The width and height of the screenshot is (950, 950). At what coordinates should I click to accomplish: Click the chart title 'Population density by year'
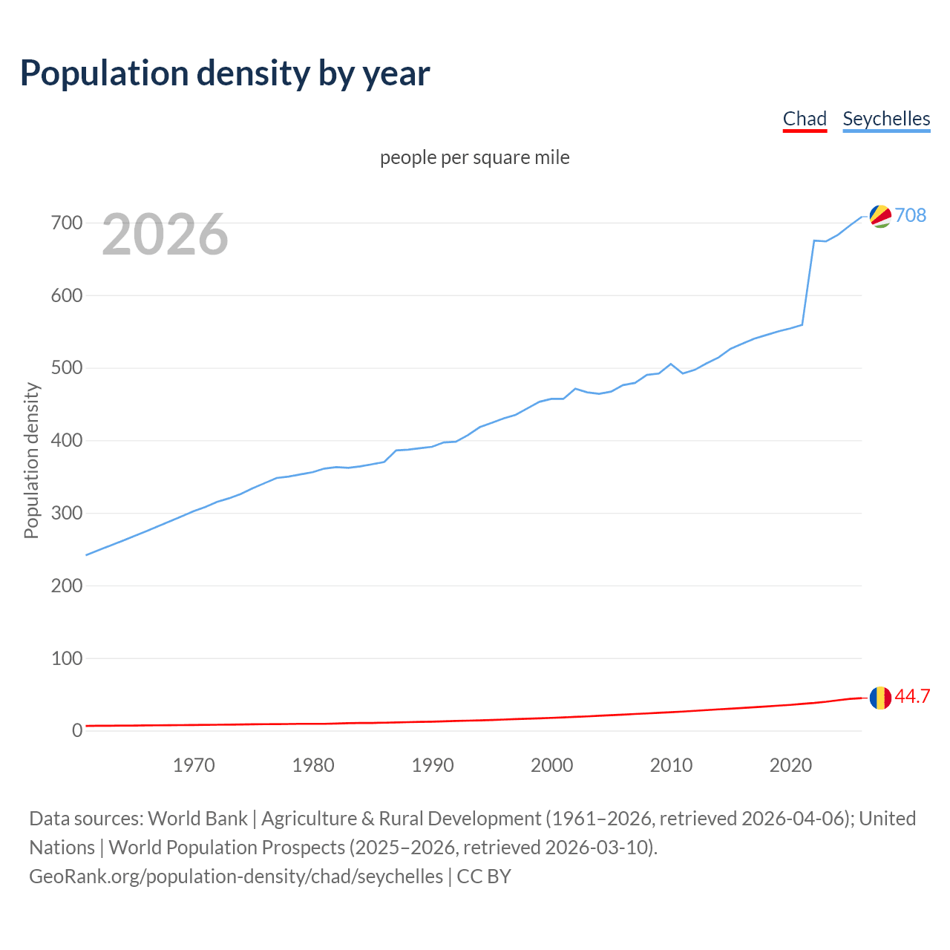pyautogui.click(x=225, y=73)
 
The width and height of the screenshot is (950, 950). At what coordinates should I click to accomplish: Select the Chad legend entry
pyautogui.click(x=805, y=119)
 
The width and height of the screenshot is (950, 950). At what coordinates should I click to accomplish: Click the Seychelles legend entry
pyautogui.click(x=886, y=119)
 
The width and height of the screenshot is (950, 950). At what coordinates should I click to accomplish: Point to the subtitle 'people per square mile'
pyautogui.click(x=475, y=157)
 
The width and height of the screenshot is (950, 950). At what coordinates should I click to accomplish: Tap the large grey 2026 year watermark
pyautogui.click(x=165, y=235)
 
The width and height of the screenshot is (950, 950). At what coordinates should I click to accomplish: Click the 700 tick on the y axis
pyautogui.click(x=67, y=223)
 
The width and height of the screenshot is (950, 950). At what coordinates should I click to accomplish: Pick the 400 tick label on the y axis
pyautogui.click(x=67, y=441)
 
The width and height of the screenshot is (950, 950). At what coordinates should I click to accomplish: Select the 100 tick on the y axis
pyautogui.click(x=67, y=658)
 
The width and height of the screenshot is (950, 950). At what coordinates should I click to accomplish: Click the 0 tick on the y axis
pyautogui.click(x=76, y=730)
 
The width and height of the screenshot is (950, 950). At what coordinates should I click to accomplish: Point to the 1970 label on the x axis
pyautogui.click(x=194, y=765)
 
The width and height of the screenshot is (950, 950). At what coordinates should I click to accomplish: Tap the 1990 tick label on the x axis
pyautogui.click(x=433, y=765)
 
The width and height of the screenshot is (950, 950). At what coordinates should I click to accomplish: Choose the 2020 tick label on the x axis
pyautogui.click(x=790, y=765)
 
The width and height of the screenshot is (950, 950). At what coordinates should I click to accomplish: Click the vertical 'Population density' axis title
pyautogui.click(x=31, y=460)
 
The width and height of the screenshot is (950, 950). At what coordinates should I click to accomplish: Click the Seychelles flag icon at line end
pyautogui.click(x=880, y=216)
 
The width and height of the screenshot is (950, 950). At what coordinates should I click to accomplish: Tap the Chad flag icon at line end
pyautogui.click(x=880, y=698)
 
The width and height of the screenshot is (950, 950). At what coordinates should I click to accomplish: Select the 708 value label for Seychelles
pyautogui.click(x=911, y=215)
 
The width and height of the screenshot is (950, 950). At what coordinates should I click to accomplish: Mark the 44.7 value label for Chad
pyautogui.click(x=912, y=697)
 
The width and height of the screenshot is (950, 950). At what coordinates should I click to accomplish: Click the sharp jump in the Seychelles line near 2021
pyautogui.click(x=808, y=282)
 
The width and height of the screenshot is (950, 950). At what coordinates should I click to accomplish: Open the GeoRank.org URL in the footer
pyautogui.click(x=236, y=877)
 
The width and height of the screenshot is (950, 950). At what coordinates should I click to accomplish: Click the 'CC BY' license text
pyautogui.click(x=484, y=877)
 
